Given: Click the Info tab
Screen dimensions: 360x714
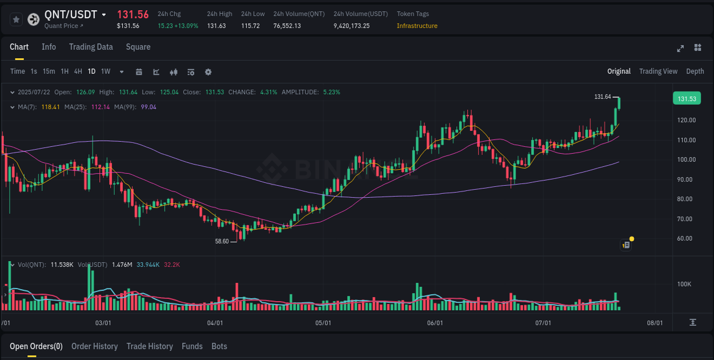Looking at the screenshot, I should [49, 47].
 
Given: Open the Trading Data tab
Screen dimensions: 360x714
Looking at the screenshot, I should [91, 47].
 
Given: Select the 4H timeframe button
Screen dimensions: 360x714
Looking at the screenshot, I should [78, 71].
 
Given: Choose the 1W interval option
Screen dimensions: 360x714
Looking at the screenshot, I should [106, 71].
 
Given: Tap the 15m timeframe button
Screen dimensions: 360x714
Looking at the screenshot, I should [49, 71].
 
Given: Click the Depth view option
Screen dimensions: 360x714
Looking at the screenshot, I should [695, 71].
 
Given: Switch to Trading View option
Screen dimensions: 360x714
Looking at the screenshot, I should [658, 71].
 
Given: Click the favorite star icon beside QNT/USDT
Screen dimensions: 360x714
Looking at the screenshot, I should [17, 19].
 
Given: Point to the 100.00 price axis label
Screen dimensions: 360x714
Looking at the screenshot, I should [686, 159].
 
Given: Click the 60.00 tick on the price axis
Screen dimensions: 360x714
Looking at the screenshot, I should [686, 238].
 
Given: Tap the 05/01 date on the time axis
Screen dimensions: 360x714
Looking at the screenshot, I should [323, 323].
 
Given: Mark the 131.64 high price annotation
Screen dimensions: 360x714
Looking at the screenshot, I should [603, 97].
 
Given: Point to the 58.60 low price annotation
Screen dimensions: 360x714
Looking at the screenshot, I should [222, 241].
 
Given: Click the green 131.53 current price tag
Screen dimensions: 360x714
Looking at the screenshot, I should [686, 99].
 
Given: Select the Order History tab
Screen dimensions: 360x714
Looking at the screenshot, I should [94, 346].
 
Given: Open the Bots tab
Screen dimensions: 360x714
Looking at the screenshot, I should [219, 346].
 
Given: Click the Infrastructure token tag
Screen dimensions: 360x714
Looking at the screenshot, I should [417, 26].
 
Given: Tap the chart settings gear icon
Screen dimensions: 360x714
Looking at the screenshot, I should [208, 72].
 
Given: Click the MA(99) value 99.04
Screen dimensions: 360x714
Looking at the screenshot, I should [149, 107].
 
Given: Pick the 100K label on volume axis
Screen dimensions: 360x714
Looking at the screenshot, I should [685, 284].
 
